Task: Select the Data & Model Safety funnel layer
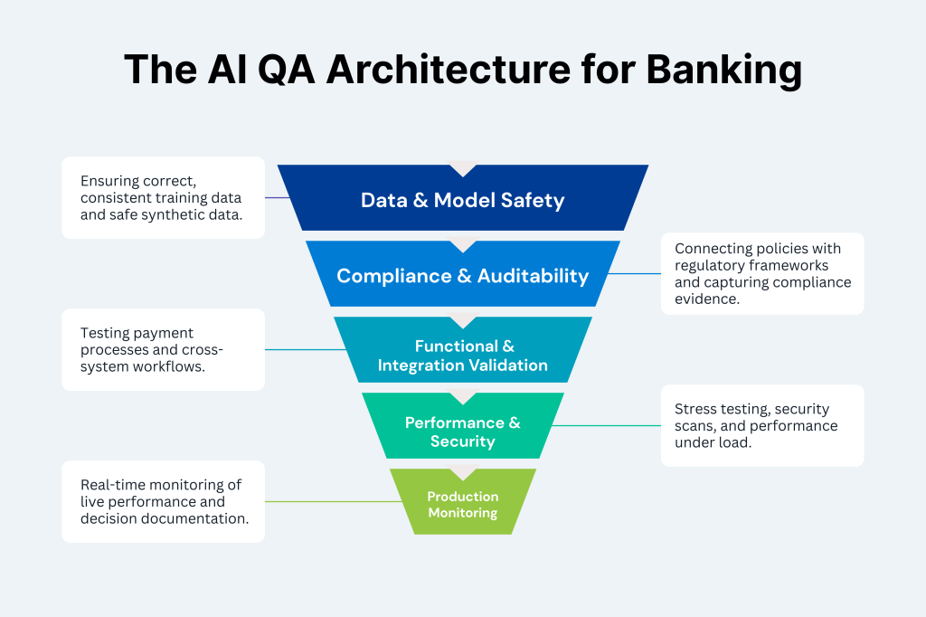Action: [x=462, y=200]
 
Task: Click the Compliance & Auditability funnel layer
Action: [x=462, y=276]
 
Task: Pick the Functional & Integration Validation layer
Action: [x=462, y=356]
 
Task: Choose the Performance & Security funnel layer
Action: [x=462, y=432]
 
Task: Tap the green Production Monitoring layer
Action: [x=462, y=504]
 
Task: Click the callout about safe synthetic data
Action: [x=163, y=197]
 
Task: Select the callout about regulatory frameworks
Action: [x=762, y=273]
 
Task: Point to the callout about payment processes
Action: [x=163, y=349]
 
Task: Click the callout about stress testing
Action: [x=762, y=425]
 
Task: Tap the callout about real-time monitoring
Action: [x=163, y=501]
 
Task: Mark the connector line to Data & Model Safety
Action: [x=277, y=197]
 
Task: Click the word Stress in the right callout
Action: [x=694, y=410]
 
